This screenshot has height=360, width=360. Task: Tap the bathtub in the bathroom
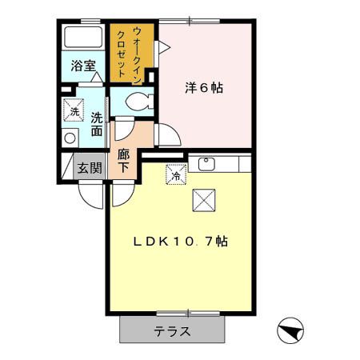82,38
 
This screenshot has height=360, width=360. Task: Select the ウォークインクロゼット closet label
129,51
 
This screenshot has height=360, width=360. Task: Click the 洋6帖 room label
206,87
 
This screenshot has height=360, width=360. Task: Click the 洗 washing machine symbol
74,110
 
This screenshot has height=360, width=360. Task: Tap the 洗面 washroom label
97,125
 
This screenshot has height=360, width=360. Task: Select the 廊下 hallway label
123,160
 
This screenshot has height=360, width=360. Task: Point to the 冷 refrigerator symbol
175,172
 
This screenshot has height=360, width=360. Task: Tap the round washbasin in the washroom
69,138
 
